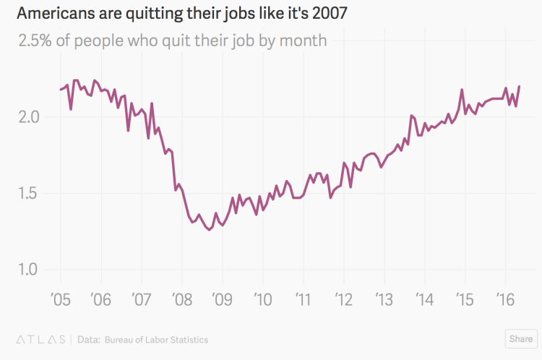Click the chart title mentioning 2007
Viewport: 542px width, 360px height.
[x=182, y=14]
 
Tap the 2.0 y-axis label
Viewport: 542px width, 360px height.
[x=31, y=117]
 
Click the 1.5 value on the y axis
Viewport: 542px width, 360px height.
[x=31, y=194]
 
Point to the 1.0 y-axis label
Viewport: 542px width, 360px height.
[x=31, y=270]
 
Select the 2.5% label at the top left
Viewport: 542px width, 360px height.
[x=37, y=40]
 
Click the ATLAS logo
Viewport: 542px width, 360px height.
[x=40, y=339]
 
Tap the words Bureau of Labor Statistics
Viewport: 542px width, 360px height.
[x=156, y=339]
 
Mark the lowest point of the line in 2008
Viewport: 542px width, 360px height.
[x=209, y=230]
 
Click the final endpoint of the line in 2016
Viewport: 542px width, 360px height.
[x=520, y=87]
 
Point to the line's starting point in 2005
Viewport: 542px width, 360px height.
[x=60, y=90]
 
